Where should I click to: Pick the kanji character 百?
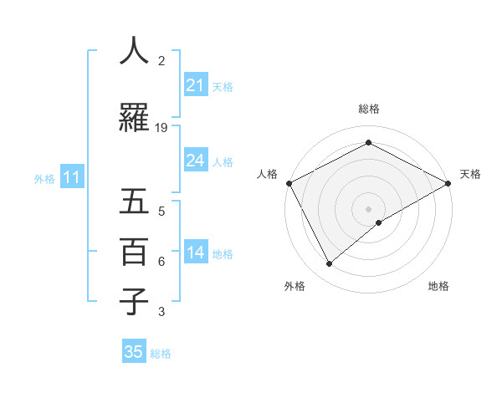(134, 252)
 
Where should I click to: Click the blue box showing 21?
(196, 85)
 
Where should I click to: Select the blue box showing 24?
(196, 161)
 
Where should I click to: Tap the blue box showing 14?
(196, 253)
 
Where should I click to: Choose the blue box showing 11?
(71, 177)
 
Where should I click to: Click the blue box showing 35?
(134, 352)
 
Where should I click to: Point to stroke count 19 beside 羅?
(161, 127)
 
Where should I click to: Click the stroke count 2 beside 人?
(161, 60)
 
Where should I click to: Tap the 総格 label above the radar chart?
(369, 109)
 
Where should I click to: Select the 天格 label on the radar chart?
(471, 174)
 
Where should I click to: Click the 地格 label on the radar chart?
(438, 286)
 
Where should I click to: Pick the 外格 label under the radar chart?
(295, 286)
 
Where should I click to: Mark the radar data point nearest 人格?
(289, 182)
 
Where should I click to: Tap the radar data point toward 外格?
(330, 264)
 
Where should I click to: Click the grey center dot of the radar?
(369, 208)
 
